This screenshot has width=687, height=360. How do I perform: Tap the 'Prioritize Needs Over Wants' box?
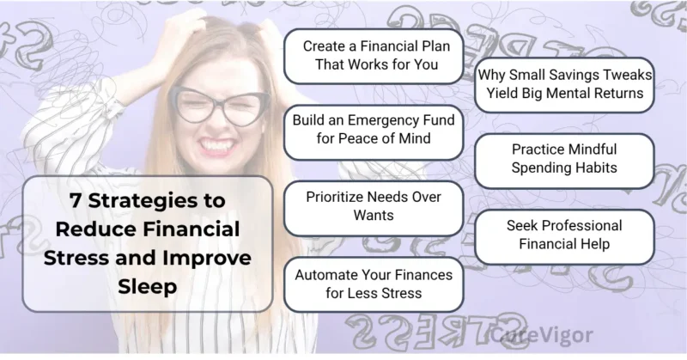pos(373,206)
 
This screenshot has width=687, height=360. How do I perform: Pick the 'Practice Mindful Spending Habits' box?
pos(564,158)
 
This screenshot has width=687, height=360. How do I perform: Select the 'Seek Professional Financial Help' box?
pos(564,235)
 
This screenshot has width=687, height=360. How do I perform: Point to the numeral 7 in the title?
pos(77,200)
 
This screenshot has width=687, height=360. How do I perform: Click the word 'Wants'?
pos(373,216)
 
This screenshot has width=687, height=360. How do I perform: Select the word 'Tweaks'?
pos(623,74)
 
